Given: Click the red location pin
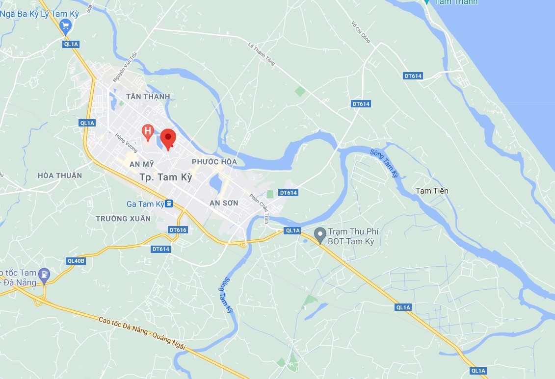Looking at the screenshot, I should (x=168, y=138).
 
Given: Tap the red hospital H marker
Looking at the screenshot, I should (x=147, y=131).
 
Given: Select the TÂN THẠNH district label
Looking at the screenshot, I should (x=148, y=97).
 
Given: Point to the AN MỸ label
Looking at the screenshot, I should (x=142, y=165).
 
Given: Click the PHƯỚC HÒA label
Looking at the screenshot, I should (x=214, y=162).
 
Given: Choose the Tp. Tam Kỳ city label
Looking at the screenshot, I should (x=165, y=177).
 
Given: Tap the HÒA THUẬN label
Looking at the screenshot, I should (x=60, y=176).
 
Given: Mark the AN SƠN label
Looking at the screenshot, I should (x=223, y=203).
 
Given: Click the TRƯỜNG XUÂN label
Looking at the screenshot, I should (x=123, y=219).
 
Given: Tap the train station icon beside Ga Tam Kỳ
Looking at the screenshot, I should (x=169, y=203).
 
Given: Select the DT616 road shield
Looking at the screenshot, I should (x=177, y=230).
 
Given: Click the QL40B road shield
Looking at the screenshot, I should (x=76, y=261).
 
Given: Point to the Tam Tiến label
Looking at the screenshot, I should (x=432, y=191).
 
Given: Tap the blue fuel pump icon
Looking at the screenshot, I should (x=45, y=275).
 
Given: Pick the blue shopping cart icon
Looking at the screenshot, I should (x=65, y=25).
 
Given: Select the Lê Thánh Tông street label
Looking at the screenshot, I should (x=261, y=53).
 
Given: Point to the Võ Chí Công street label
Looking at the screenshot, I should (x=361, y=32).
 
